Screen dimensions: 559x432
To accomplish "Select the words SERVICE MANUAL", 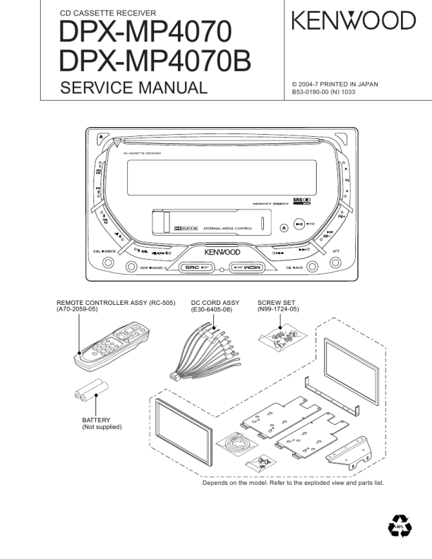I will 134,88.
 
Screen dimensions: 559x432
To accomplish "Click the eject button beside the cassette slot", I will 283,227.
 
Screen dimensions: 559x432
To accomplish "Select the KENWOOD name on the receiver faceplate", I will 222,252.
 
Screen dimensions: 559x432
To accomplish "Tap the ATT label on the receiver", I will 336,251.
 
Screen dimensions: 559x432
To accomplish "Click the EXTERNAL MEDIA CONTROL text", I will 228,229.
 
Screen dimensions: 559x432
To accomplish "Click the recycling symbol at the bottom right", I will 400,527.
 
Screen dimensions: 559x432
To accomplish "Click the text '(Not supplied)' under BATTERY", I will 102,427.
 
